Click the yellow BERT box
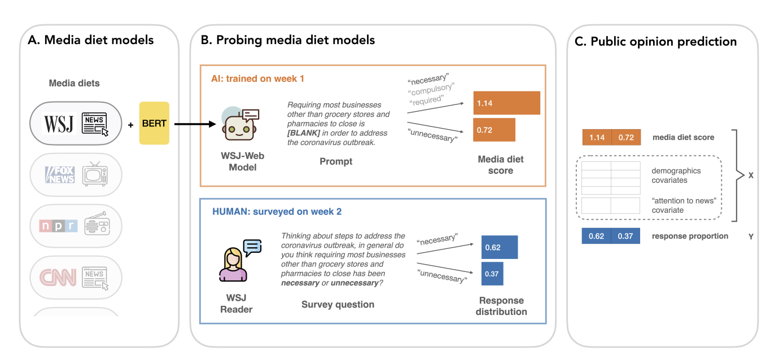point(154,124)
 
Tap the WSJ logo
point(59,124)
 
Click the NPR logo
point(58,226)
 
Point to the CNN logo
point(58,278)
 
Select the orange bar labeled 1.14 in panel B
point(507,103)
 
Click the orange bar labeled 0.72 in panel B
point(494,130)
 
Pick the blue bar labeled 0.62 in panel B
point(500,247)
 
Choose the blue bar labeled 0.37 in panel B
point(492,274)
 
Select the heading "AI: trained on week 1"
point(257,78)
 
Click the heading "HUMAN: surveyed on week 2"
point(277,212)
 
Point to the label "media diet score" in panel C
point(682,137)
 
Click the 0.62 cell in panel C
point(596,236)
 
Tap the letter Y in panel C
point(751,236)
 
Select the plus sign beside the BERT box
point(130,125)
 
